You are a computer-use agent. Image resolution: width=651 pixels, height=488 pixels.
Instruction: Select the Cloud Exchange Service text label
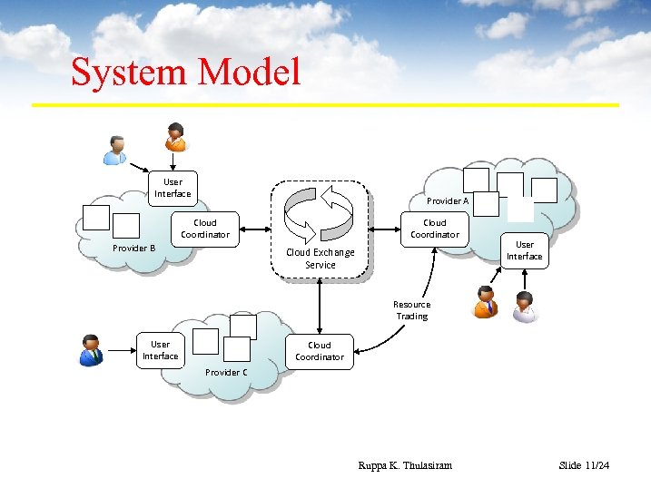[x=321, y=259]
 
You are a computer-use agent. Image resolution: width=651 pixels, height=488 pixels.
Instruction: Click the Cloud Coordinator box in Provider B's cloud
[x=205, y=229]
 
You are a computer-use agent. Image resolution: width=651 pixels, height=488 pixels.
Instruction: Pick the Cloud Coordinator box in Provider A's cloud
[x=435, y=229]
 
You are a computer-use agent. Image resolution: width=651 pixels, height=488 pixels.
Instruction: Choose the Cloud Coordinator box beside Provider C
[x=319, y=351]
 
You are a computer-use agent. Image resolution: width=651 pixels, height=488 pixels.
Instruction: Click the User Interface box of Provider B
[x=173, y=188]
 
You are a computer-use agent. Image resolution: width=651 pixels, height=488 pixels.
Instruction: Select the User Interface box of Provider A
[x=524, y=250]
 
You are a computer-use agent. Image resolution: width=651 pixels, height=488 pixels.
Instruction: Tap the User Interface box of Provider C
[x=160, y=350]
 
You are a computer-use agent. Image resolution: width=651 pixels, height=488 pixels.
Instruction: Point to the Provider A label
[x=448, y=201]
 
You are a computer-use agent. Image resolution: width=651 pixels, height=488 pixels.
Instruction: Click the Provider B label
[x=133, y=249]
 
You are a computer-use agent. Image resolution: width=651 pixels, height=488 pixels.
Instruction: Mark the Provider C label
[x=226, y=373]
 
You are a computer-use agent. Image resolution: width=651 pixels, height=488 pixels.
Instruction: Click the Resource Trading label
[x=411, y=310]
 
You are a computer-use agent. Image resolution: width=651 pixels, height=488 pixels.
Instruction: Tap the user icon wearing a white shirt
[x=524, y=307]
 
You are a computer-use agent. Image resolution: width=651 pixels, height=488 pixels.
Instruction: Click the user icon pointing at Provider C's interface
[x=90, y=349]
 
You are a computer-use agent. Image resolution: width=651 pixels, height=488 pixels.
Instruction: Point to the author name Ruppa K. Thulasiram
[x=405, y=465]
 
